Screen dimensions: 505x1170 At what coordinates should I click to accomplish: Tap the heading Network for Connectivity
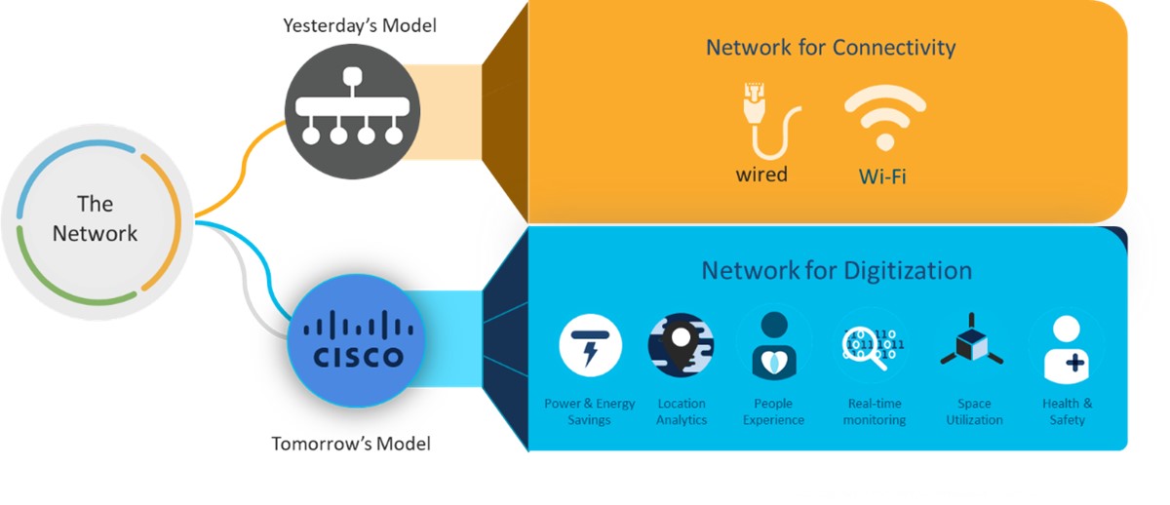coord(831,47)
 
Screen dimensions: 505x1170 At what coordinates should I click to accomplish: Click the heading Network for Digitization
coord(837,270)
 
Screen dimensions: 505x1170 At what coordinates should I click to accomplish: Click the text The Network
coord(95,218)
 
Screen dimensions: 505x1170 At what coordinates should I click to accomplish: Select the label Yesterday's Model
coord(360,25)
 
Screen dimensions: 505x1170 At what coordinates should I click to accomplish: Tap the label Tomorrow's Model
coord(351,444)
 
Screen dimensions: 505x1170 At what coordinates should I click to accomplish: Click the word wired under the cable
coord(761,175)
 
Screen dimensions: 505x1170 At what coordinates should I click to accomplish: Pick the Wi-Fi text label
coord(882,177)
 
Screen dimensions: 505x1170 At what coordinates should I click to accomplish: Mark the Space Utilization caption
coord(973,411)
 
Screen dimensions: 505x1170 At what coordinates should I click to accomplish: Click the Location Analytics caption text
coord(681,411)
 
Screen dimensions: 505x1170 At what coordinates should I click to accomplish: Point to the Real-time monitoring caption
coord(874,411)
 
